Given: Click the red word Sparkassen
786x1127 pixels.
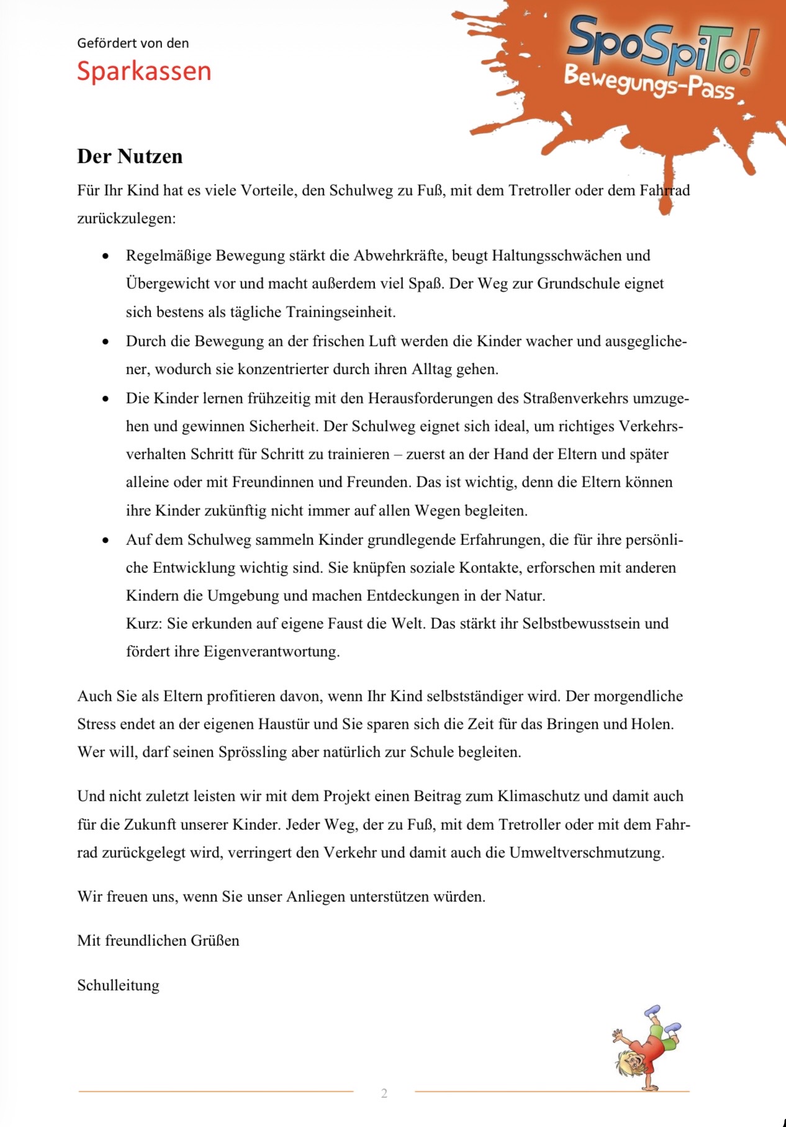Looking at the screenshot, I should (144, 71).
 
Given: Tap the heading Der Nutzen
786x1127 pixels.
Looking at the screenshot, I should (130, 156).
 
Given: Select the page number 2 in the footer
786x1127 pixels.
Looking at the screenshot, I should (384, 1093).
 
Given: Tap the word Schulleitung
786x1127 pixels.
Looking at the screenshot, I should (118, 985).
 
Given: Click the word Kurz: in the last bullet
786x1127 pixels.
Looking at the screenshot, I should (144, 624).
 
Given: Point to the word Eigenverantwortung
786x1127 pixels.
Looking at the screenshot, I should (271, 652).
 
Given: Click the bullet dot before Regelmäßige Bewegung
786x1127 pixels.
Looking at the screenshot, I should (106, 256).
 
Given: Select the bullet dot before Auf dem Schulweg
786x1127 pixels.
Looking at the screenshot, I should (106, 541).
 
